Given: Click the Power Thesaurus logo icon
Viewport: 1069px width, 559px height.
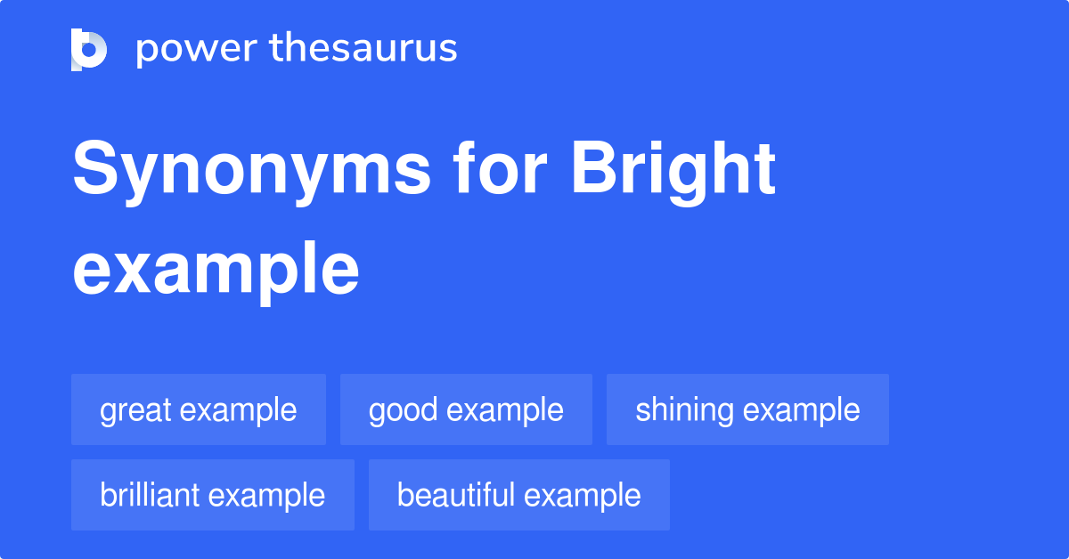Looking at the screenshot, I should tap(89, 49).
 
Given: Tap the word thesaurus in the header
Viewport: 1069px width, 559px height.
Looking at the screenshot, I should tap(363, 49).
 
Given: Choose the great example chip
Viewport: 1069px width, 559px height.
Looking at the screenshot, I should tap(199, 410).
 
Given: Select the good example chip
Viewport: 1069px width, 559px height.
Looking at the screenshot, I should tap(466, 410).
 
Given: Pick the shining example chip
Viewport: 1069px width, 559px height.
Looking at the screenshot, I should tap(747, 410).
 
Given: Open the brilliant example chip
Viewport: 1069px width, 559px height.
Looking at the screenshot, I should tap(213, 495).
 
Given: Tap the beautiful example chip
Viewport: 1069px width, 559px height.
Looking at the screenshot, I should tap(518, 495).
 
